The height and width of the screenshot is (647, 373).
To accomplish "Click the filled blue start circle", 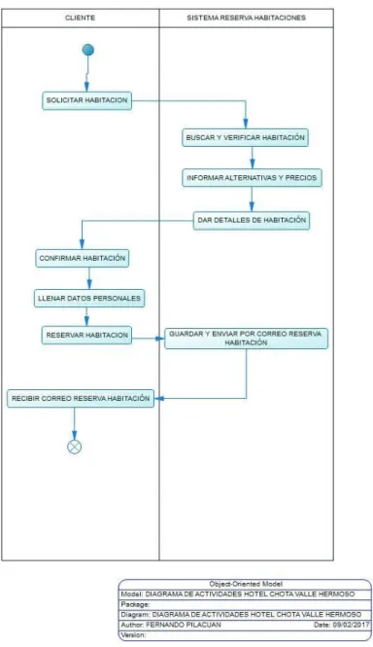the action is point(87,50).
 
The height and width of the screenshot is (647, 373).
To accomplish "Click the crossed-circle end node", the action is point(74,447).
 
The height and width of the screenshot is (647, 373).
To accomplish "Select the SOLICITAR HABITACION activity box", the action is point(87,100).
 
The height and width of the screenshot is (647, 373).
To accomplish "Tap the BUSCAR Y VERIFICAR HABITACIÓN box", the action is point(245,137).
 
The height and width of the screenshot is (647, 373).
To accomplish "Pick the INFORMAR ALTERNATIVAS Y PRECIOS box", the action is point(252,178).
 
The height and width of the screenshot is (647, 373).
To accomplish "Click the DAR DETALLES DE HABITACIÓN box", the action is point(252,220).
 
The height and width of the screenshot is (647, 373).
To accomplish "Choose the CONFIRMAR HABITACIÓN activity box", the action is point(82,258).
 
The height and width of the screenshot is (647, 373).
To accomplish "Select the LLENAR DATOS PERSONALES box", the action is point(89,298).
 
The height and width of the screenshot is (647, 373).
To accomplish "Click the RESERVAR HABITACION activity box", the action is point(86,335).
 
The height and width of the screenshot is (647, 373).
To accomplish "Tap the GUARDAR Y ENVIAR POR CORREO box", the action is point(246,339).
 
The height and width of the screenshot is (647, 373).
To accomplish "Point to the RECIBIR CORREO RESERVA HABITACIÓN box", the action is point(81,399).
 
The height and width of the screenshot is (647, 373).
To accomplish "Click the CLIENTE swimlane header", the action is point(80,18).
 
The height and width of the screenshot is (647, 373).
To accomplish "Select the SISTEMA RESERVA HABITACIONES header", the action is point(246,18).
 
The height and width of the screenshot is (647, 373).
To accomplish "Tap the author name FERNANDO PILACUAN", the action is point(184,625).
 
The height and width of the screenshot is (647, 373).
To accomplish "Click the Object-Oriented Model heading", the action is point(246,584).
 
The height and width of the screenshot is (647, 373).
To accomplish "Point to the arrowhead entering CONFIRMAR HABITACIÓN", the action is point(82,244).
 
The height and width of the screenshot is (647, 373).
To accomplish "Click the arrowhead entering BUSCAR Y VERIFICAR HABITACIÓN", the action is point(246,124).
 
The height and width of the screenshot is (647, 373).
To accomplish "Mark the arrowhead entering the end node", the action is point(74,435).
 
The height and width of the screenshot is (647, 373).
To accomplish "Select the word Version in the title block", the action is point(133,635).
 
